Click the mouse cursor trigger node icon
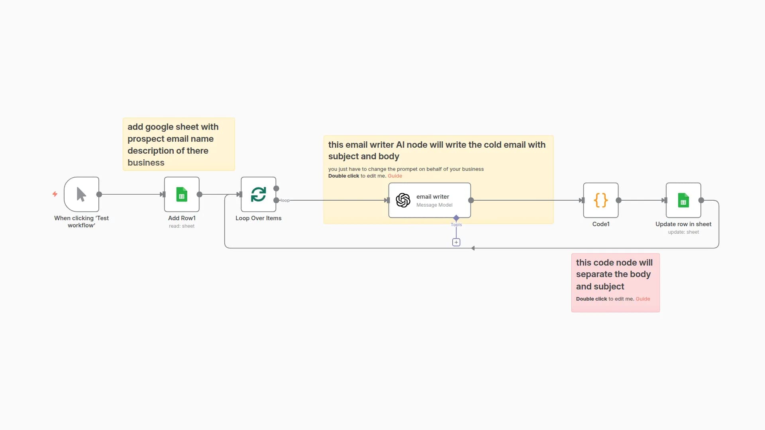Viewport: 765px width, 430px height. point(81,194)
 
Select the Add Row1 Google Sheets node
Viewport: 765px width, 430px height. point(182,194)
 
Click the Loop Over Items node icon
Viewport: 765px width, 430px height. point(258,194)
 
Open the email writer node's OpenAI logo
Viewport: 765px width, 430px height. point(403,200)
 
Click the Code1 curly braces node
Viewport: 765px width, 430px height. point(600,200)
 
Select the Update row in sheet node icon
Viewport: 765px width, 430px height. point(683,200)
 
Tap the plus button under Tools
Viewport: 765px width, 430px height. point(456,242)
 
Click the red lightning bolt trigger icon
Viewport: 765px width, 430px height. point(55,194)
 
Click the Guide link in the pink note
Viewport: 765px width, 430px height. point(642,299)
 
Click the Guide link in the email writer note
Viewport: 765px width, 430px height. point(394,176)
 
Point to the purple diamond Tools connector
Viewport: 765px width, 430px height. point(456,218)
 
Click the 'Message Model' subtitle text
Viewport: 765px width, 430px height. point(434,205)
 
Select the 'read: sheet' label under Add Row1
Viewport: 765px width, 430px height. point(182,226)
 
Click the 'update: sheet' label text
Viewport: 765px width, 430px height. point(683,232)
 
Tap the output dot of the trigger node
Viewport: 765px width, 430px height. point(99,194)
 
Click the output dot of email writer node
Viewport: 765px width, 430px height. point(471,200)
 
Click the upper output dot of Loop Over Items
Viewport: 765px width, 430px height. point(276,188)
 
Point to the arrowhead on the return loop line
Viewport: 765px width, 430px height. point(473,248)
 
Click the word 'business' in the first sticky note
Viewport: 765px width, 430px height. point(146,162)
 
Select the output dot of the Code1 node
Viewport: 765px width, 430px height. point(618,200)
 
